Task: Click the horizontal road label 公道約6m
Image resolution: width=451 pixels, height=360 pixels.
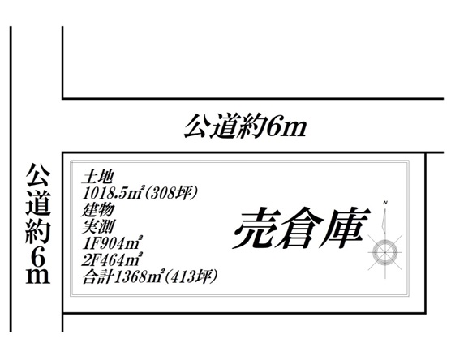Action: pyautogui.click(x=245, y=126)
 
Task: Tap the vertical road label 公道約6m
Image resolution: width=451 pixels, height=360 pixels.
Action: pyautogui.click(x=38, y=224)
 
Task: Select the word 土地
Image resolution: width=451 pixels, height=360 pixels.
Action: pyautogui.click(x=97, y=178)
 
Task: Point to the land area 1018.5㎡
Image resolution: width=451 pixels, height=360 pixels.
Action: pyautogui.click(x=112, y=193)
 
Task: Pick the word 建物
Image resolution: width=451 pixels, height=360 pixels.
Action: pyautogui.click(x=98, y=210)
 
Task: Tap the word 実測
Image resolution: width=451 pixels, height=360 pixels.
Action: pyautogui.click(x=98, y=226)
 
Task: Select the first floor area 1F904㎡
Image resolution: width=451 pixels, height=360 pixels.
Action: pyautogui.click(x=112, y=243)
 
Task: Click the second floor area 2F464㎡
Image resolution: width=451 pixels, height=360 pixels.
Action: pyautogui.click(x=112, y=260)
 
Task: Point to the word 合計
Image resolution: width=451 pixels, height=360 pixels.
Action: pyautogui.click(x=97, y=276)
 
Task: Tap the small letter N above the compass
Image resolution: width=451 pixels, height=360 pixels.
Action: pyautogui.click(x=385, y=203)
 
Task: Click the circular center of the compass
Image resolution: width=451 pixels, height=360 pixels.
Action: pyautogui.click(x=384, y=252)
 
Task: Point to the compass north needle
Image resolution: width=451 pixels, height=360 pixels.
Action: pyautogui.click(x=384, y=220)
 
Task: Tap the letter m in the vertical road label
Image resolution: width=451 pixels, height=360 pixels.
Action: pyautogui.click(x=38, y=276)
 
